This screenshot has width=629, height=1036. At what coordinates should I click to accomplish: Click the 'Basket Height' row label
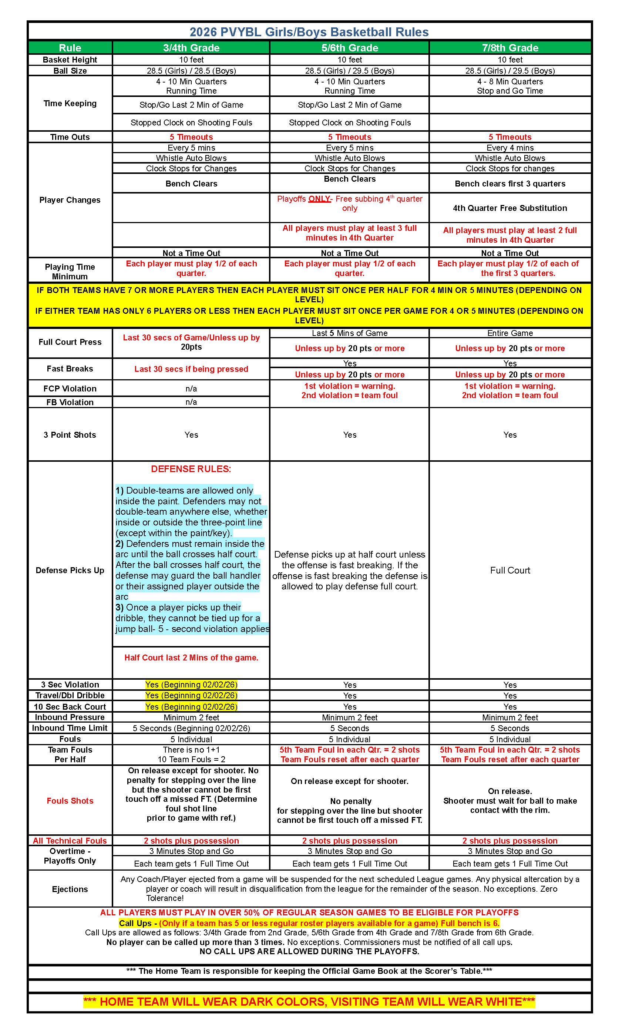coord(70,60)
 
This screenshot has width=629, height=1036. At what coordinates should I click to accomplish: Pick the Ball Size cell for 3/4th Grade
coord(191,71)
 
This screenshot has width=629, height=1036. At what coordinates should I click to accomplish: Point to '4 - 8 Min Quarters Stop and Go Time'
coord(509,86)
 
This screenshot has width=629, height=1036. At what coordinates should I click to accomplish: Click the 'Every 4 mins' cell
coord(509,148)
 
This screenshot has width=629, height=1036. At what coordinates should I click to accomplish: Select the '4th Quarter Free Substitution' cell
coord(509,208)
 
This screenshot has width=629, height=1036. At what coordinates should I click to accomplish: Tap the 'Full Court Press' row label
coord(70,342)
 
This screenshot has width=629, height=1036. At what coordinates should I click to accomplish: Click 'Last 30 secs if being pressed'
coord(191,369)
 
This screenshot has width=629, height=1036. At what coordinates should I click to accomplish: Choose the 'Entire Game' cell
coord(509,333)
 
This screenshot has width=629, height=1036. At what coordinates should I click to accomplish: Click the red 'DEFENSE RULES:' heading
coord(191,469)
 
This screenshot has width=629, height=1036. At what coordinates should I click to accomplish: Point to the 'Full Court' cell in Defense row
coord(509,571)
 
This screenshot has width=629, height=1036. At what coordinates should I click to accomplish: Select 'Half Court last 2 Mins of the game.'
coord(191,657)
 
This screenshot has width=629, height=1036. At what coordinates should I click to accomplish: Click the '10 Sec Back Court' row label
coord(70,707)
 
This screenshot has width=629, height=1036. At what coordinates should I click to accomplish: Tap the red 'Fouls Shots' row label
coord(70,801)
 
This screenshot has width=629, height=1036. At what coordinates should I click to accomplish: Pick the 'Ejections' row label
coord(70,889)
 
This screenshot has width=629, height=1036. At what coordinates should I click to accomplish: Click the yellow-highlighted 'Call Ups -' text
coord(138,923)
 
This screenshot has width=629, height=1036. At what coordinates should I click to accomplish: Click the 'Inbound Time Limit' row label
coord(70,728)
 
